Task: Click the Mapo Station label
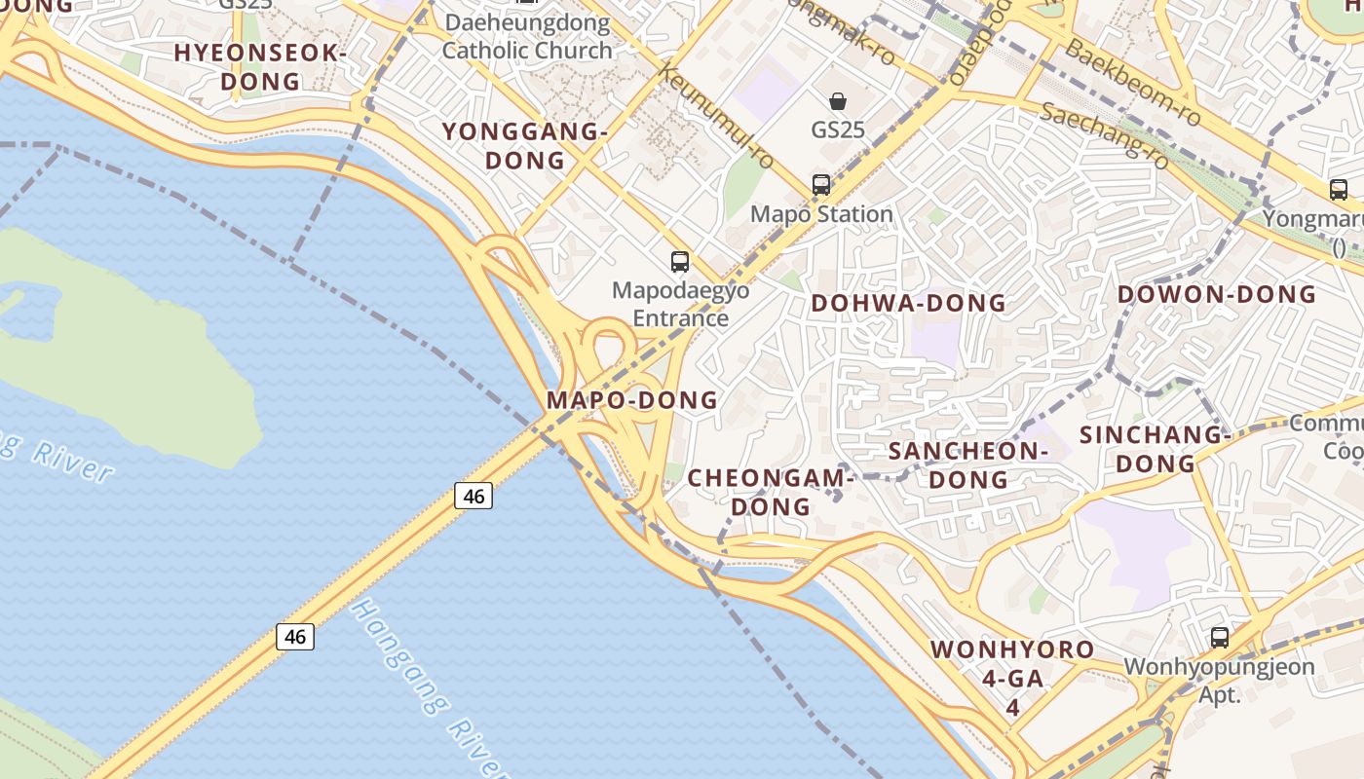[821, 214]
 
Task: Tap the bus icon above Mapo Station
[821, 184]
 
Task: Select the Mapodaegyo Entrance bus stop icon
[680, 261]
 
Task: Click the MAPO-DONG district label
[632, 399]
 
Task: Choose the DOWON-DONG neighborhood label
[1216, 294]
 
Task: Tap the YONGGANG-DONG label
[525, 146]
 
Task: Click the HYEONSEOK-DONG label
[260, 67]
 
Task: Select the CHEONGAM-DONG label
[771, 492]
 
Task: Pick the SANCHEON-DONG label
[967, 464]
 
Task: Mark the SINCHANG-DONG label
[1155, 449]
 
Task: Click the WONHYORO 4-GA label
[1012, 663]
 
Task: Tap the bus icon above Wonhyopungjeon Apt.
[1220, 638]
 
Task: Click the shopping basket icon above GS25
[838, 101]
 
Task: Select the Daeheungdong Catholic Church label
[527, 36]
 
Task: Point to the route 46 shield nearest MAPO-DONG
[474, 496]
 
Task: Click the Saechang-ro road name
[1105, 135]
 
